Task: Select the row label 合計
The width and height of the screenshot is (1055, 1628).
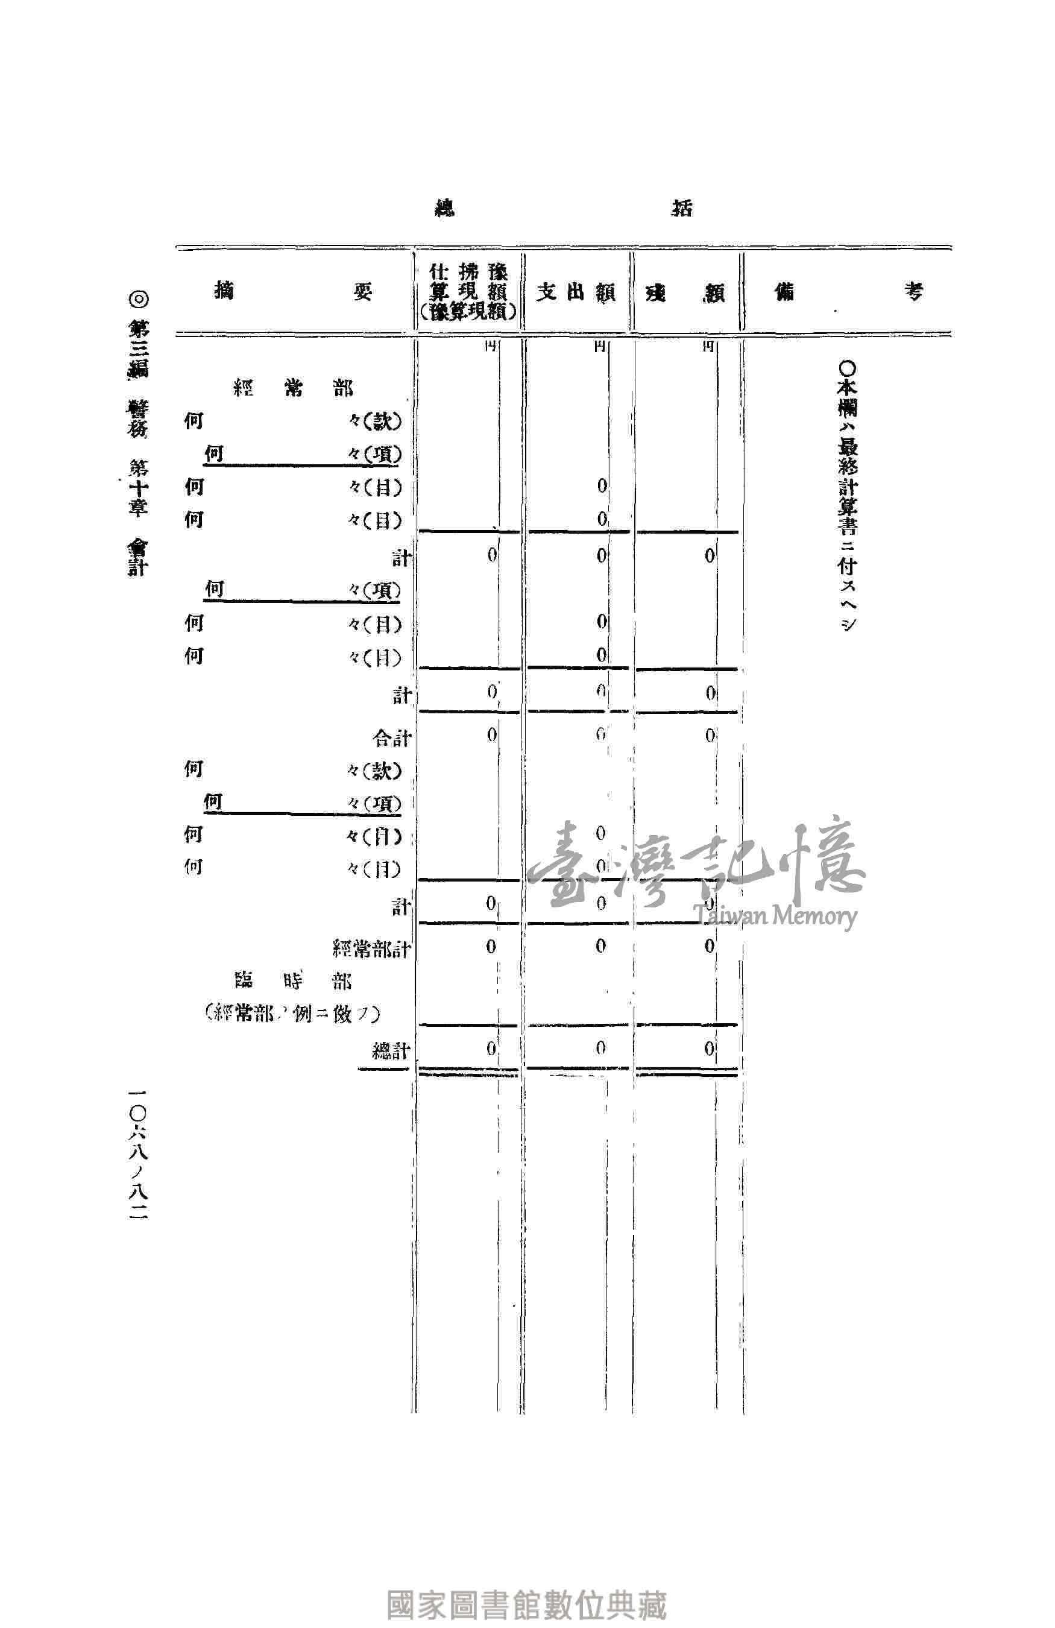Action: coord(391,738)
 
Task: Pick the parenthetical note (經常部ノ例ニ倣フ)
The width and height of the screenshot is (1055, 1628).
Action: coord(292,1014)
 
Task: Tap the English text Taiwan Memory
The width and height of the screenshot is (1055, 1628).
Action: coord(774,915)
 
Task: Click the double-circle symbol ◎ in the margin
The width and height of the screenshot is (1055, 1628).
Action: coord(137,299)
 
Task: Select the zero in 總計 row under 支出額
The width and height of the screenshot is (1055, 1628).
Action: coord(600,1048)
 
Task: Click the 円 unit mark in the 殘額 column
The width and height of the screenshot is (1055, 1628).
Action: coord(708,347)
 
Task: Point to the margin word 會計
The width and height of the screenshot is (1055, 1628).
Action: coord(137,556)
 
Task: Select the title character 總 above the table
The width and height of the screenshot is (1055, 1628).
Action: coord(446,208)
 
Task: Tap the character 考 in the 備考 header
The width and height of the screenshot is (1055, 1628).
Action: coord(913,292)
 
